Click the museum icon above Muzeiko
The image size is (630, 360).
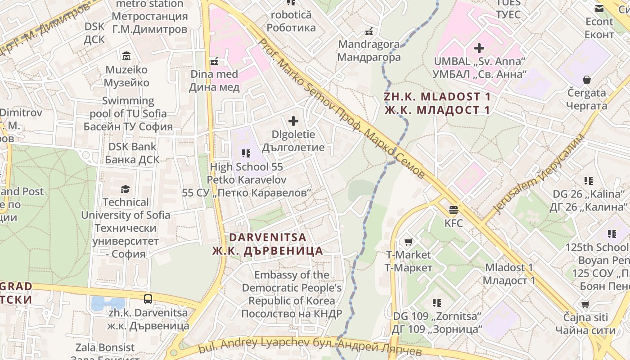(x=126, y=56)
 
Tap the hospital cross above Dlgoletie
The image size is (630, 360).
(x=293, y=121)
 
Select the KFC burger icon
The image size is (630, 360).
(x=453, y=210)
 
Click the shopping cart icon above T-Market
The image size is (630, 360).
(x=408, y=242)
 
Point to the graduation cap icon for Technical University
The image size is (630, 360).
(x=125, y=189)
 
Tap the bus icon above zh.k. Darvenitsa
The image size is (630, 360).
(x=148, y=298)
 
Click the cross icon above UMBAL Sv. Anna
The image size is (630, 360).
(x=479, y=48)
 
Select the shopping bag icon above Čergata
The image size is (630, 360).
(x=586, y=80)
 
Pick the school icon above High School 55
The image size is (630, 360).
(x=246, y=153)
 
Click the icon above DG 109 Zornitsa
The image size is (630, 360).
(x=436, y=302)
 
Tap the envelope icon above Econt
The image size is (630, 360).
(x=599, y=8)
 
